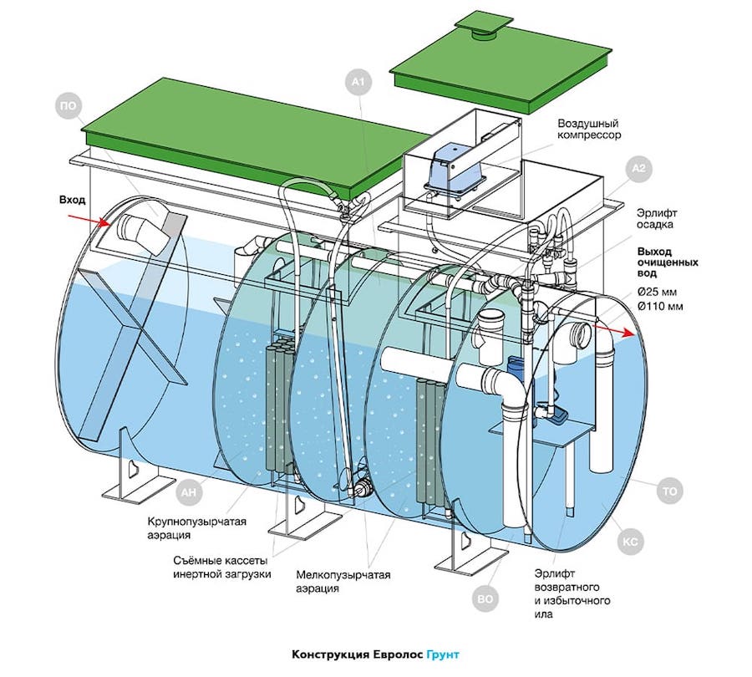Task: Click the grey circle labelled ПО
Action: point(69,106)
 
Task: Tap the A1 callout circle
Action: point(358,83)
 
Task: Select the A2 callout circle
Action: point(639,169)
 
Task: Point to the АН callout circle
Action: point(190,491)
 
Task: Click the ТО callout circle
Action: point(669,491)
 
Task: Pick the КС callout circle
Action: point(630,542)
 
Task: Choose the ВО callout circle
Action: point(485,599)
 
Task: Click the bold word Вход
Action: point(73,200)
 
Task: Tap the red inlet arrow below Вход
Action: point(90,220)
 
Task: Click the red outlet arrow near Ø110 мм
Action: point(615,330)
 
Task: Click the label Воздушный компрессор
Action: point(589,130)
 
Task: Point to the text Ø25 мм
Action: point(657,292)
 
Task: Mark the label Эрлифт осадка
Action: point(657,218)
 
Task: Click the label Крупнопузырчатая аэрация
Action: point(196,527)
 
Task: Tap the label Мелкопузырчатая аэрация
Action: point(343,582)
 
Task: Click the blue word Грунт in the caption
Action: point(443,654)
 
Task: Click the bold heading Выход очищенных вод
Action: point(667,262)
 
